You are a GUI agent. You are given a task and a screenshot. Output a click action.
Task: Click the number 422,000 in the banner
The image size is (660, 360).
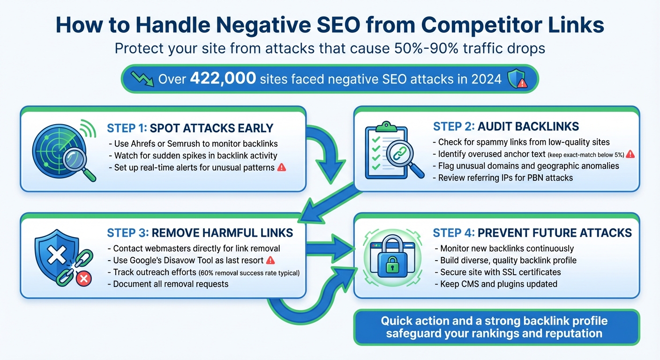point(223,79)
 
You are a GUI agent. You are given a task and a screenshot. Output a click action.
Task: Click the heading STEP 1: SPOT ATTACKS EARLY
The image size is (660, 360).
point(190,128)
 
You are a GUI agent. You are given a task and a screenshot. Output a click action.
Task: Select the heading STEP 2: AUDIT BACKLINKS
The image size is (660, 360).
point(506,126)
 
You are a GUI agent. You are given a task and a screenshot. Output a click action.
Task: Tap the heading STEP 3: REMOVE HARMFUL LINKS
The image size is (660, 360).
point(200,232)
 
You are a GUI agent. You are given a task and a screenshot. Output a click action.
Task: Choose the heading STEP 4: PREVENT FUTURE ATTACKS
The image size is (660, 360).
point(532,232)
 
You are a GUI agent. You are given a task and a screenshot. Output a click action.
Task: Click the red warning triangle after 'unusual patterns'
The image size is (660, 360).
point(282,167)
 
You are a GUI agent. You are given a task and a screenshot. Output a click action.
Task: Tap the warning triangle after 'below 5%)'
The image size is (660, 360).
point(630,154)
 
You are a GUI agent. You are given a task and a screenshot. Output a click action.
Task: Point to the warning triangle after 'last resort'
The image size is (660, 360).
point(270,260)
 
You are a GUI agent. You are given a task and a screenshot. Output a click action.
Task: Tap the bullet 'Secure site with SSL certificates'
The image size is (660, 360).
point(500,272)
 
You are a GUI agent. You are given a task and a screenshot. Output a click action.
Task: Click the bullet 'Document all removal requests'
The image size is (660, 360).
point(171,284)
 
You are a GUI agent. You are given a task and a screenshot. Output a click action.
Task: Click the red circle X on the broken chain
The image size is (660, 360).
point(84,279)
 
